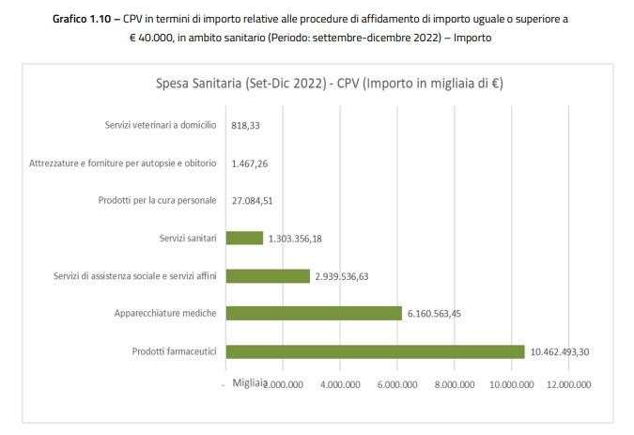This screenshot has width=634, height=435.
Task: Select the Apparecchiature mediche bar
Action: coord(314,314)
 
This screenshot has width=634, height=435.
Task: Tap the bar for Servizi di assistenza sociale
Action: coord(268,275)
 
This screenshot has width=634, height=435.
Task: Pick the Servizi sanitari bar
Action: coord(244,238)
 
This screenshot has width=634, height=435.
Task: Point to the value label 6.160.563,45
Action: coord(441,314)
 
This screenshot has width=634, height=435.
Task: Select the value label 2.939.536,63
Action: coord(348,276)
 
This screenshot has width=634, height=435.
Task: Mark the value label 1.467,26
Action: coord(249,163)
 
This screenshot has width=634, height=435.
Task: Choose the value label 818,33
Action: coord(244,125)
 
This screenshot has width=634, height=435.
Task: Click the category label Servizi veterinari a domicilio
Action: coord(161,125)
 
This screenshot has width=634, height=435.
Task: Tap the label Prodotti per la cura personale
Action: coord(158,200)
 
